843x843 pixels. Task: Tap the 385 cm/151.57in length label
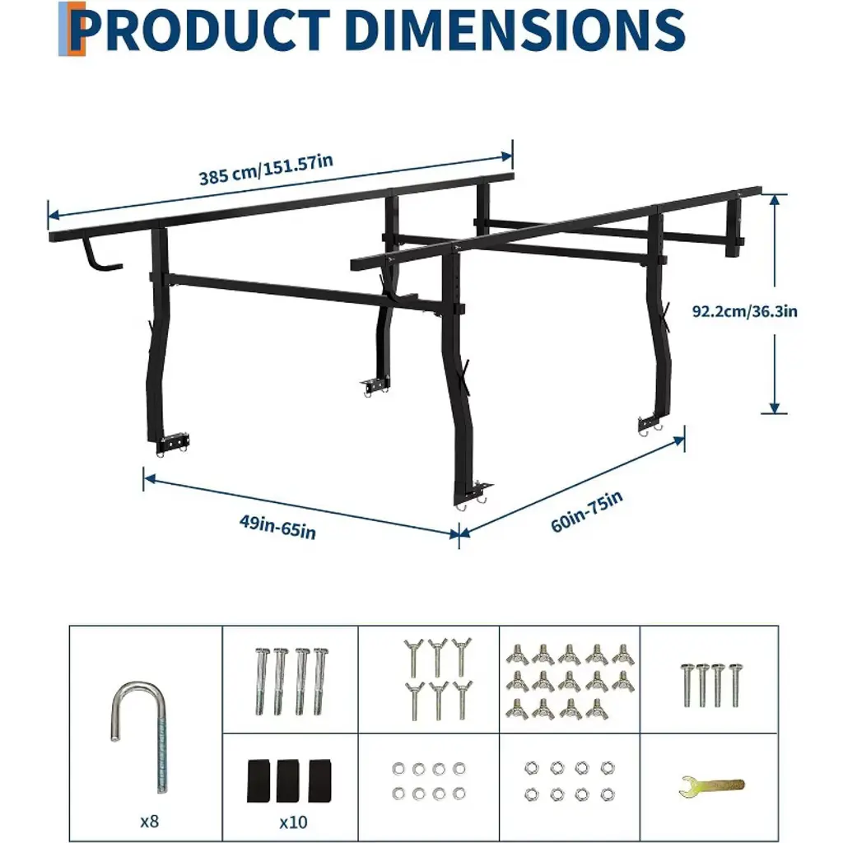pyautogui.click(x=266, y=170)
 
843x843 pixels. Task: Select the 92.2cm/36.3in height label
pyautogui.click(x=744, y=311)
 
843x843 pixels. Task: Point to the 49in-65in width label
pyautogui.click(x=277, y=527)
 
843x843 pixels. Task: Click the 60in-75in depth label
pyautogui.click(x=586, y=510)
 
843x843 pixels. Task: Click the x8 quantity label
pyautogui.click(x=150, y=822)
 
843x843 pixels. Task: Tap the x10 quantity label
pyautogui.click(x=294, y=822)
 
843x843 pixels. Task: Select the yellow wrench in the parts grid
pyautogui.click(x=712, y=786)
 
